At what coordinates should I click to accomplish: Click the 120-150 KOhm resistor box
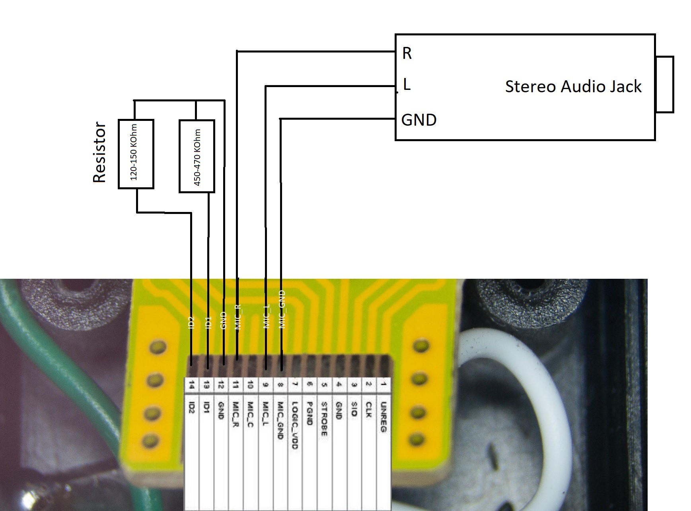tap(136, 154)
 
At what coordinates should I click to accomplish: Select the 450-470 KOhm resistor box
tap(197, 156)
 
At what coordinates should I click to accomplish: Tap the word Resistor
tap(99, 152)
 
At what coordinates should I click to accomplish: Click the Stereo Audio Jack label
tap(573, 87)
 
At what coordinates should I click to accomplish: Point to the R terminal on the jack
tap(407, 53)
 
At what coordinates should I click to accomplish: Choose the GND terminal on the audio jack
tap(418, 120)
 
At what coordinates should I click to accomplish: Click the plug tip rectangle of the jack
tap(664, 85)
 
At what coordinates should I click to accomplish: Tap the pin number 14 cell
tap(192, 385)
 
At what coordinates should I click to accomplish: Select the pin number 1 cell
tap(383, 385)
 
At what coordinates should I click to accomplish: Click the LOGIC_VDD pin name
tap(295, 425)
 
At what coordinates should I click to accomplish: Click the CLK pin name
tap(368, 410)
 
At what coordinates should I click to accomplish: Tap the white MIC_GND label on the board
tap(282, 309)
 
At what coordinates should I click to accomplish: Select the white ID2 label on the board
tap(191, 323)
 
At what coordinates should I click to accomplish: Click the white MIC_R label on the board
tap(238, 317)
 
